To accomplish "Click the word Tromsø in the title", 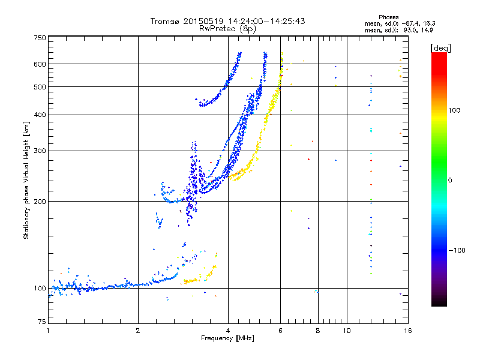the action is (x=164, y=21).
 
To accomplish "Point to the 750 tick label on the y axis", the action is (x=40, y=38).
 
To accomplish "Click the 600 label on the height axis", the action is (x=40, y=64).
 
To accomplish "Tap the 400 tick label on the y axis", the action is (x=40, y=115).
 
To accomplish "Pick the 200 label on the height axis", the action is (x=40, y=202).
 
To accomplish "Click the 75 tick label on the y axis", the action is (x=41, y=322).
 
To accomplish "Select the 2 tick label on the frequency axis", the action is (x=138, y=331).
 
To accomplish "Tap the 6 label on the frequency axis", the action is (x=280, y=331).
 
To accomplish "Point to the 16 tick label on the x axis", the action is (x=408, y=331).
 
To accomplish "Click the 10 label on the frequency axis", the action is (x=347, y=331).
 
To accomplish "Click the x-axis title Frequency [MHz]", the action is (x=227, y=338).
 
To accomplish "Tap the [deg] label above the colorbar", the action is (x=440, y=48).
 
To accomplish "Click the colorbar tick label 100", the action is (x=454, y=110).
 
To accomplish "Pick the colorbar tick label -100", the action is (x=457, y=250).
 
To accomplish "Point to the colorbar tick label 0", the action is (x=450, y=181).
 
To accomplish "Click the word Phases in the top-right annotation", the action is (x=388, y=17).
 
